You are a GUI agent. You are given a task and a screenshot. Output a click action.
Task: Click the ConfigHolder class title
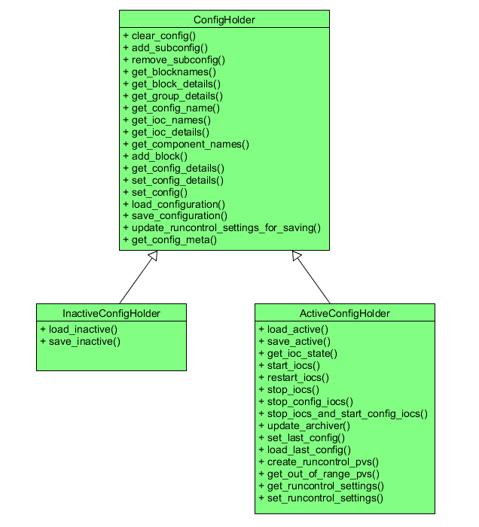pos(224,20)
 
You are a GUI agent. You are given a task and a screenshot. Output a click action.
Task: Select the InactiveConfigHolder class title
pos(111,313)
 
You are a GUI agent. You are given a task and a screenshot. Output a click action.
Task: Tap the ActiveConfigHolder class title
pos(344,313)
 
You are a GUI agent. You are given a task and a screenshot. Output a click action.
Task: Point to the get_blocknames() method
pos(169,72)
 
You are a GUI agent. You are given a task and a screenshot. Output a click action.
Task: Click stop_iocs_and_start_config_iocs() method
pos(343,413)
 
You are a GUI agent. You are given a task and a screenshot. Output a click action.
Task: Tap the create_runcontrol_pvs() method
pos(318,462)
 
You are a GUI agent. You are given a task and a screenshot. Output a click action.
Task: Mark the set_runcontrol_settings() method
pos(320,498)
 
